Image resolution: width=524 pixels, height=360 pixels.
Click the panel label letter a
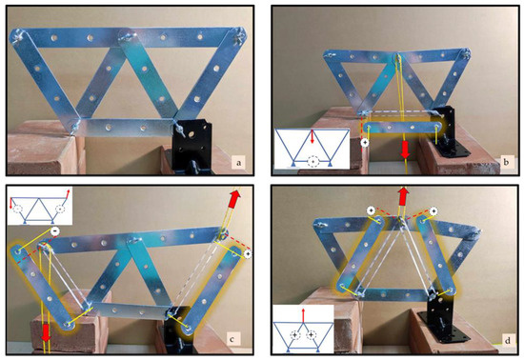238,163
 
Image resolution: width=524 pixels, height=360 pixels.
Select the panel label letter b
506,162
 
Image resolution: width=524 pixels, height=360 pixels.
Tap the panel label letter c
232,340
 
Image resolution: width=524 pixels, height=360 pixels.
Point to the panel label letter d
508,341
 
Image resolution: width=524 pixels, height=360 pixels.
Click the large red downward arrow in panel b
405,150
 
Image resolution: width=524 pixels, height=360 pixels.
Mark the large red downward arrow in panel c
46,332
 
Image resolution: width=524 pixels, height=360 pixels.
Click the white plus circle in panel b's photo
365,143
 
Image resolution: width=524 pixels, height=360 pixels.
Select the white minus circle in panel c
55,230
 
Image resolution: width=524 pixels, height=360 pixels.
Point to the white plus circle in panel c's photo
248,254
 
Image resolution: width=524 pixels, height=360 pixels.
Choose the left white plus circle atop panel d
371,210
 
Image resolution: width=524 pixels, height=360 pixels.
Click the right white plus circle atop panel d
433,211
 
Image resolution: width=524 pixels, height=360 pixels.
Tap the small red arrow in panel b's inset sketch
312,136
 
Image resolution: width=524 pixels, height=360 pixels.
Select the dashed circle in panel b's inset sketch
312,162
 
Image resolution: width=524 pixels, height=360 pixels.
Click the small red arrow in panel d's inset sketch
303,315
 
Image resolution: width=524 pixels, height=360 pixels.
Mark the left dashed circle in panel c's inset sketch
17,209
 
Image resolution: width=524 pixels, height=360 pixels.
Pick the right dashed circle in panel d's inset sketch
312,334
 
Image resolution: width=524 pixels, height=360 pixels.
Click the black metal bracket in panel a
191,146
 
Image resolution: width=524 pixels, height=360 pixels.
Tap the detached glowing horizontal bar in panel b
403,128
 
